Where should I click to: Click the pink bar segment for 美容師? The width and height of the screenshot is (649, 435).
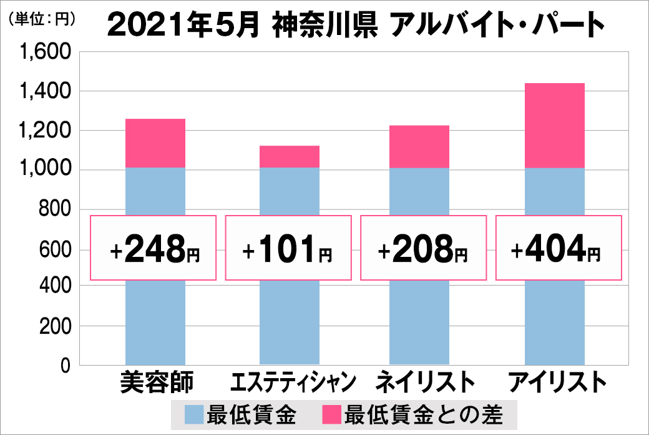[155, 143]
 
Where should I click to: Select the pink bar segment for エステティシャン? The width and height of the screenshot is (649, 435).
[289, 156]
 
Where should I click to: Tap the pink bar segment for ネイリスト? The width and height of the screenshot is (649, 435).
[419, 147]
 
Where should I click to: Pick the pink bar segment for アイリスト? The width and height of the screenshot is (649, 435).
[554, 126]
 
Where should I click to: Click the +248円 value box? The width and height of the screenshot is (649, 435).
[154, 248]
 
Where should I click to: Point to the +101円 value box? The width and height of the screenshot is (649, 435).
[288, 248]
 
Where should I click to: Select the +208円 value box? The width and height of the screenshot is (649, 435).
[423, 248]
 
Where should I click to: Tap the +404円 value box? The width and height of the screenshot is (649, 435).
[558, 248]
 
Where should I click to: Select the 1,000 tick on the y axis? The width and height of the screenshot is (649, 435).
[47, 170]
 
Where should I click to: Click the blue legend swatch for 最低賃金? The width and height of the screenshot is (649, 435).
[194, 414]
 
